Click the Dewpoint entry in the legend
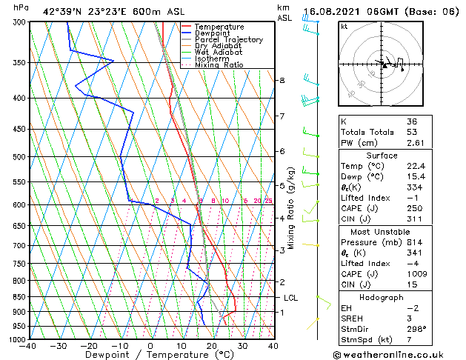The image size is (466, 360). point(215,33)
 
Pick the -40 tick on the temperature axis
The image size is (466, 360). point(28,346)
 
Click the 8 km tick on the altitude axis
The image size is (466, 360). point(282,80)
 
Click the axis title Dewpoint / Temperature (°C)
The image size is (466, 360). point(151,355)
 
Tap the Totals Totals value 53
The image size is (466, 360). point(410,132)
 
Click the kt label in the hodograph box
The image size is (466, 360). point(344,27)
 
